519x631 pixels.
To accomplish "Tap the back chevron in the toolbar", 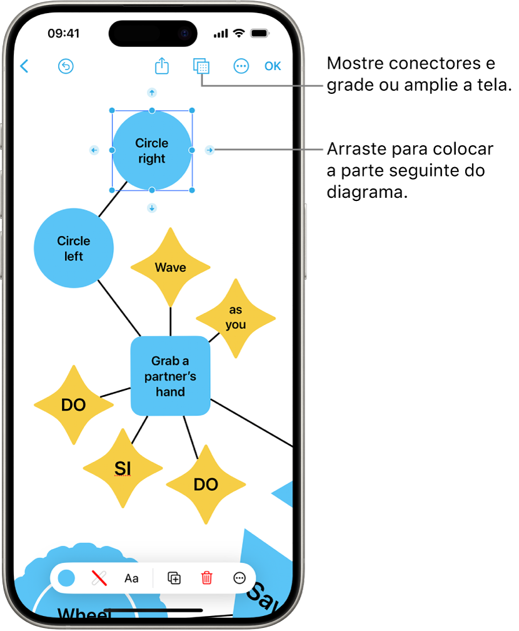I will [x=24, y=66].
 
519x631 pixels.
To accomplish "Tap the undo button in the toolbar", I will [x=66, y=66].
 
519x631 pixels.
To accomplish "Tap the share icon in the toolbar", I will [x=162, y=66].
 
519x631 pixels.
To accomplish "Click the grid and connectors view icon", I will [x=201, y=66].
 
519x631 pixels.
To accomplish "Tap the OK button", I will [x=273, y=66].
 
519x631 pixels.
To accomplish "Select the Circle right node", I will [x=152, y=151].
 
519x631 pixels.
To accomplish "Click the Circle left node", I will [x=74, y=248].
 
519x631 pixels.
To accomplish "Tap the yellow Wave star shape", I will [x=170, y=267].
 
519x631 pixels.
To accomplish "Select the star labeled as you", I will [x=236, y=317].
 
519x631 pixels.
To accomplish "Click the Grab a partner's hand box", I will [x=170, y=376].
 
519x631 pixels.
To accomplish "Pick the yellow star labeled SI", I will [x=123, y=468].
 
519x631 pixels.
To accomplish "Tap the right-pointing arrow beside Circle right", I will [x=210, y=150].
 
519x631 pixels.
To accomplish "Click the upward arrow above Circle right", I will [x=151, y=93].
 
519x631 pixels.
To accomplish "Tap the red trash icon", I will [x=207, y=578].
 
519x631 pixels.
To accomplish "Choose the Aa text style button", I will [x=131, y=578].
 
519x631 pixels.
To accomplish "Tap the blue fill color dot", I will [x=66, y=578].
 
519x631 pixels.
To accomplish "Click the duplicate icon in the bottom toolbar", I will [x=174, y=578].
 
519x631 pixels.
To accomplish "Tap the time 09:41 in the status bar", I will [x=64, y=33].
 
